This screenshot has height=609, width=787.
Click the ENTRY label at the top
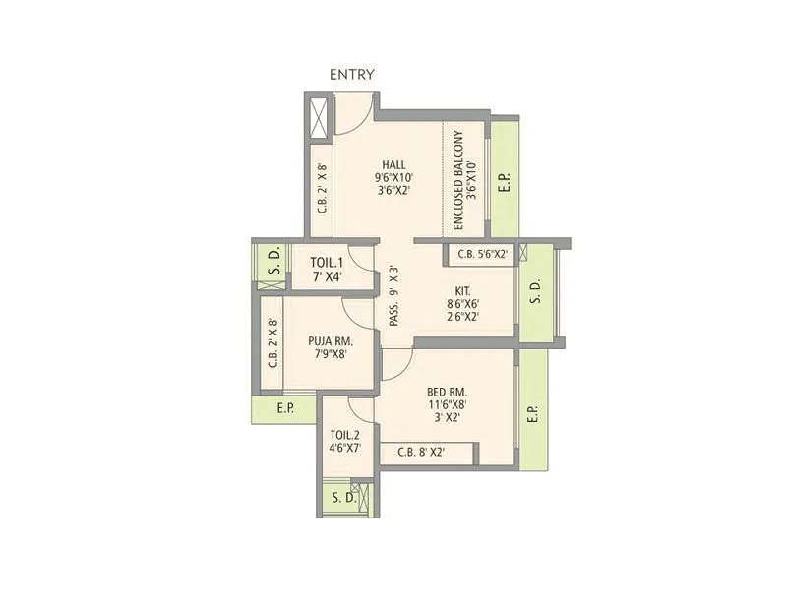click(x=351, y=74)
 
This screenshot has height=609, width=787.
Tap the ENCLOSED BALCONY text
click(x=464, y=181)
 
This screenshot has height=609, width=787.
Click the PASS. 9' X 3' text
click(x=393, y=296)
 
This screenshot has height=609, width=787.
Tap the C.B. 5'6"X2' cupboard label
click(x=480, y=254)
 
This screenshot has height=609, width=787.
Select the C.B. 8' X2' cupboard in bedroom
click(x=421, y=453)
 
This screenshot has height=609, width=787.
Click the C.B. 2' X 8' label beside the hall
click(x=322, y=188)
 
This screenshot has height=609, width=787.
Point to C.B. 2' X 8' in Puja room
click(x=272, y=342)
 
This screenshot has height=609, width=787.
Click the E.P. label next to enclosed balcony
click(x=505, y=182)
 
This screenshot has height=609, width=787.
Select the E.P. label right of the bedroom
click(x=532, y=414)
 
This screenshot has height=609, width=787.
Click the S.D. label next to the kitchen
click(x=535, y=292)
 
